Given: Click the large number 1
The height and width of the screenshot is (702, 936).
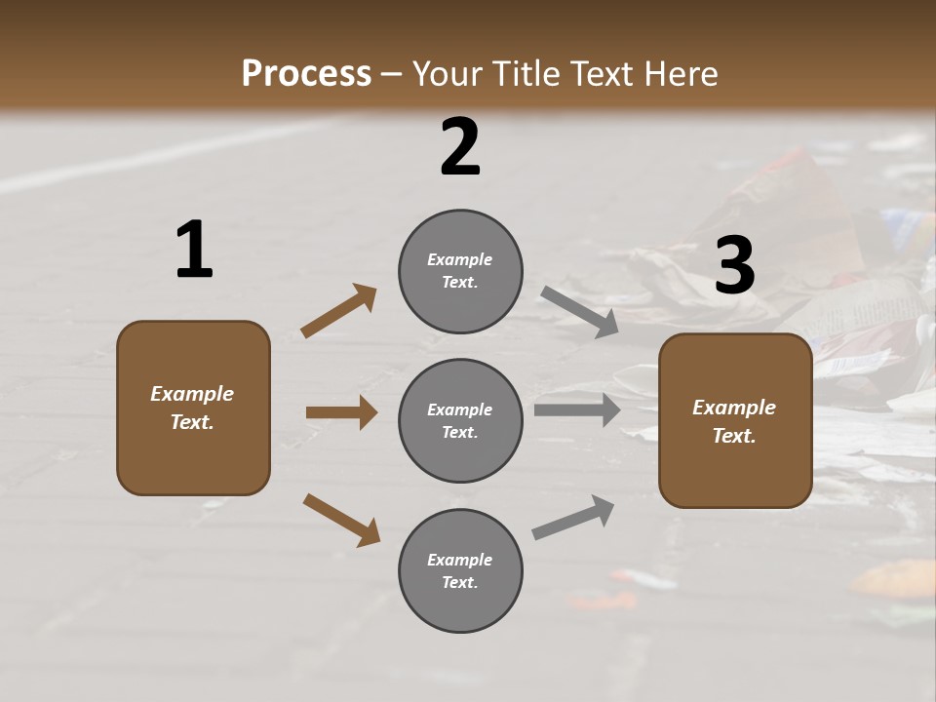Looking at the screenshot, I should (x=194, y=251).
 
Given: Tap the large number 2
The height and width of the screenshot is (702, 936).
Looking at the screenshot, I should (x=460, y=147).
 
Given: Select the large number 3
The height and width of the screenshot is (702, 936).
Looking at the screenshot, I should (x=735, y=265).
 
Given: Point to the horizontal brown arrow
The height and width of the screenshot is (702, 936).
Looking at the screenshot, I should (x=341, y=412).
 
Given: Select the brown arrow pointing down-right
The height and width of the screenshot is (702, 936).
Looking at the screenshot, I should (x=341, y=520).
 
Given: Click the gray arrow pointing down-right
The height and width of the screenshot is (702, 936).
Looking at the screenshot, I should (x=580, y=311).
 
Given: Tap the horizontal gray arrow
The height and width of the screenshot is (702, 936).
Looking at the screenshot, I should (x=577, y=409).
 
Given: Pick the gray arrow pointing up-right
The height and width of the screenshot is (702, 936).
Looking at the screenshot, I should (x=573, y=517).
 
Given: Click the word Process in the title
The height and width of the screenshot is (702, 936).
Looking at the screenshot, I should (x=306, y=73).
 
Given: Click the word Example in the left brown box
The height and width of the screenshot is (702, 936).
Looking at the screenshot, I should (x=192, y=394).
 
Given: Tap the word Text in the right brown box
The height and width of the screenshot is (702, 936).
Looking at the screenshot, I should (x=734, y=436).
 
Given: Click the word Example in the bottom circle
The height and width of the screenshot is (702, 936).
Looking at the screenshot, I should (x=460, y=560).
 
